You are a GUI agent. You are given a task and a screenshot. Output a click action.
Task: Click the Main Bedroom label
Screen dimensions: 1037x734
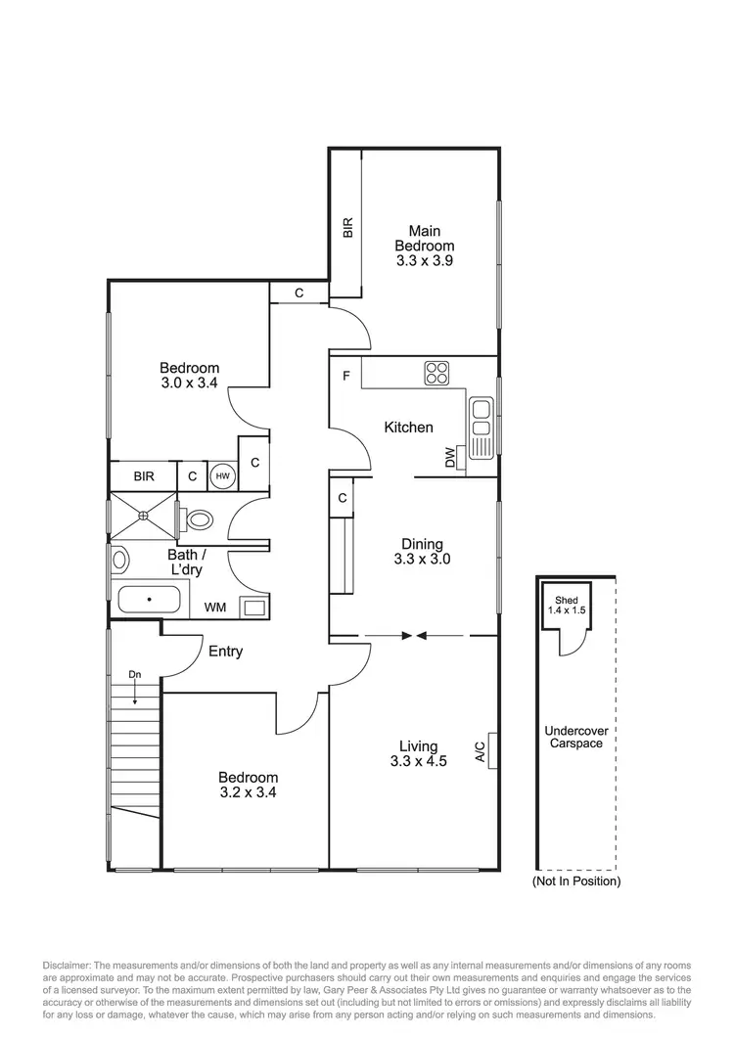(424, 246)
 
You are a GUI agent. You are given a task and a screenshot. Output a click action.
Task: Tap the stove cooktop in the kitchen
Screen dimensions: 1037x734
(436, 373)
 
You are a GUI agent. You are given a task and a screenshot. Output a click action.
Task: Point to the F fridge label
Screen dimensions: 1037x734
(345, 377)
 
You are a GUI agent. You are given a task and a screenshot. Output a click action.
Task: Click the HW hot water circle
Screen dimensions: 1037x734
(223, 476)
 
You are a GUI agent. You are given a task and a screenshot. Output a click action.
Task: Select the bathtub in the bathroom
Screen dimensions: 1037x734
(150, 599)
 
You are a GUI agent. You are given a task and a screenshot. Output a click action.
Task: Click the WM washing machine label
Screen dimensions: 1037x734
(215, 608)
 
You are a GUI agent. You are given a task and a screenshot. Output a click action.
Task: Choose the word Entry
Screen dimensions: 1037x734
(225, 652)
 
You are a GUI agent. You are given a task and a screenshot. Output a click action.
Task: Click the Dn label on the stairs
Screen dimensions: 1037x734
(134, 674)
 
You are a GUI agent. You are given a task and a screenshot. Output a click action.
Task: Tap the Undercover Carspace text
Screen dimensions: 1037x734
(574, 737)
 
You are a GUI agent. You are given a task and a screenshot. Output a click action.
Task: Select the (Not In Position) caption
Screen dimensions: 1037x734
(575, 881)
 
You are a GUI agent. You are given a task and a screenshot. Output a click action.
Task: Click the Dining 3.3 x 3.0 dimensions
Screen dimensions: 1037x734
(422, 560)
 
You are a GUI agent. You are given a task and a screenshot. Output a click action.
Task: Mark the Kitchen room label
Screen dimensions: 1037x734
(408, 428)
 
